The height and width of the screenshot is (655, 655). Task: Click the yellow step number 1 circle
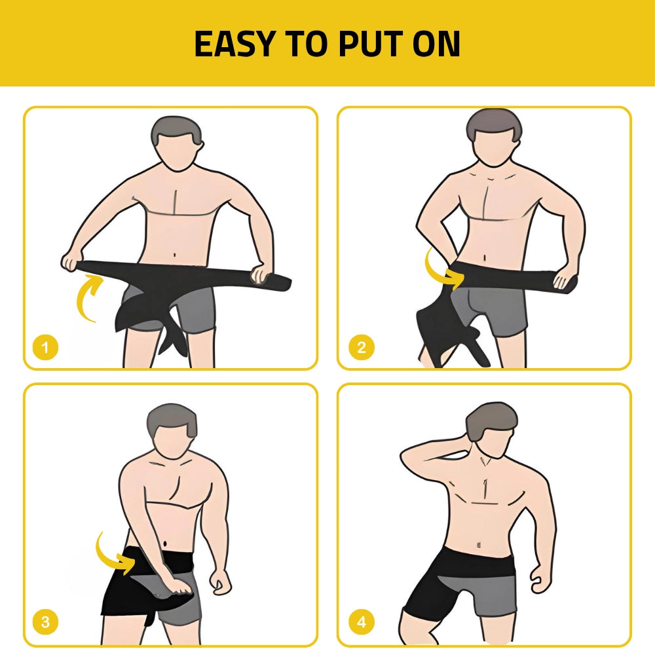45,347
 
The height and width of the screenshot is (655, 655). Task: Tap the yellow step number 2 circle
362,347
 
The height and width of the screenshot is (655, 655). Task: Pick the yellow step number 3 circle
45,622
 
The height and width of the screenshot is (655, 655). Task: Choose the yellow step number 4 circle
362,622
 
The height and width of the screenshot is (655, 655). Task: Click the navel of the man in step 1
176,254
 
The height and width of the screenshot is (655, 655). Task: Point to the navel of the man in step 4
479,544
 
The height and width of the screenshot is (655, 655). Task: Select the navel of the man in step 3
166,544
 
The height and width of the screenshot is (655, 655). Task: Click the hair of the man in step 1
178,130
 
